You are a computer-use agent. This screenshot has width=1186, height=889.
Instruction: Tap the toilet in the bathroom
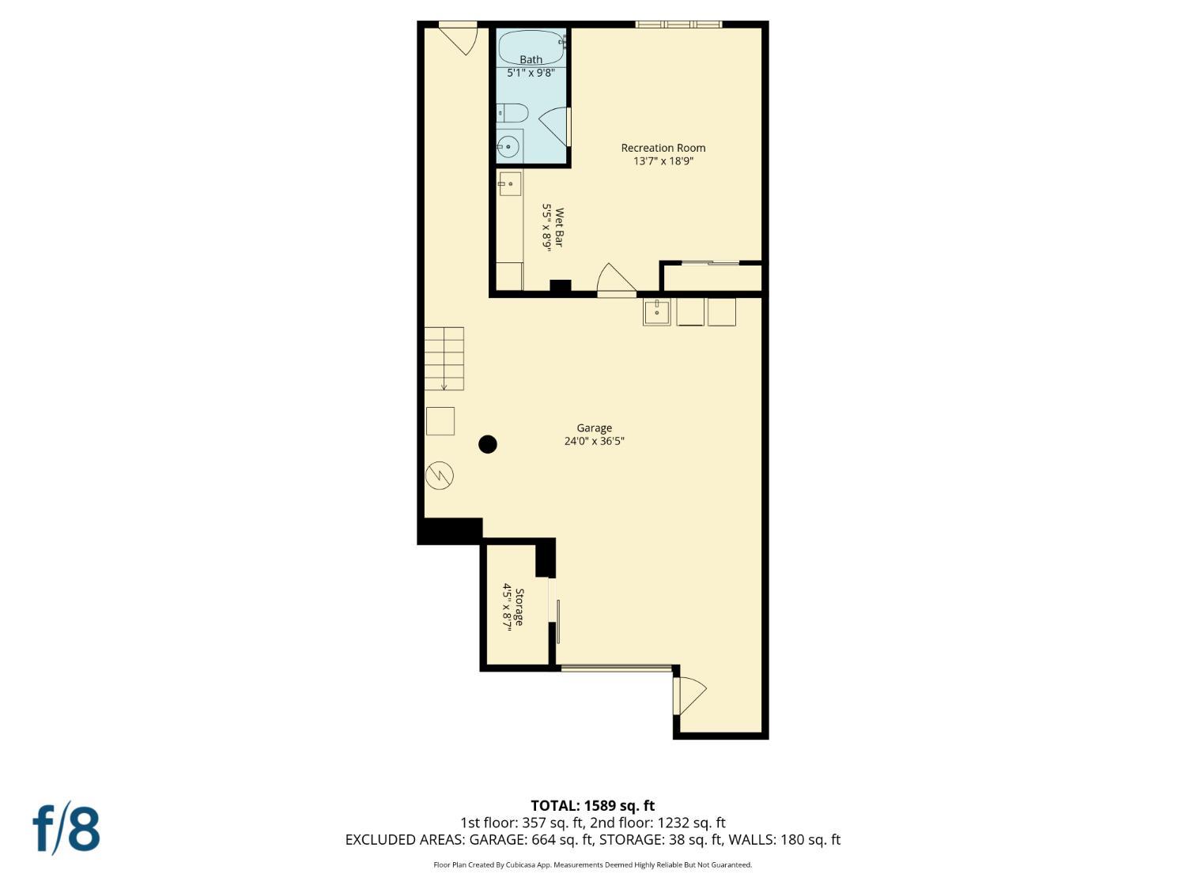(x=511, y=113)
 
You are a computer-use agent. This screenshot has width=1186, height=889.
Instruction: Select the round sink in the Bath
(x=508, y=146)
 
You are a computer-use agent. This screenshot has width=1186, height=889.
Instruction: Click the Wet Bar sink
(x=509, y=183)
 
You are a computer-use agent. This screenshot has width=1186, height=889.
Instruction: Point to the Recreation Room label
(x=663, y=148)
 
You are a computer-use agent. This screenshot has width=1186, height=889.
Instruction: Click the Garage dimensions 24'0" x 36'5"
(x=595, y=441)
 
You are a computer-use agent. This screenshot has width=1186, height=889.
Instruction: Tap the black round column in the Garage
(x=488, y=444)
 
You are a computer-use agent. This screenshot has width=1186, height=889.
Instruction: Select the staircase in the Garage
(x=444, y=359)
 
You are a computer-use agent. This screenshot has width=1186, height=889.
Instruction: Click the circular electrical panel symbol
(x=440, y=476)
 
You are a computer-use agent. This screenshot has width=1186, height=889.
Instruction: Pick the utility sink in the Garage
(x=656, y=312)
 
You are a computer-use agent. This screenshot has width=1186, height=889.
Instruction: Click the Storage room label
(x=519, y=607)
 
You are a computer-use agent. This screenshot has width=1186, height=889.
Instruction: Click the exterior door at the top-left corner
(x=458, y=38)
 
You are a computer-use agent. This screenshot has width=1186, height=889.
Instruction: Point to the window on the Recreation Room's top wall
(x=678, y=24)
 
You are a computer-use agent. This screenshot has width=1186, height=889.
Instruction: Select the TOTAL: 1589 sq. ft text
(x=593, y=806)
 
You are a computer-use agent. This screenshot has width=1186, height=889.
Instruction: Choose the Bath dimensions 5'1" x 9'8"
(x=531, y=73)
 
